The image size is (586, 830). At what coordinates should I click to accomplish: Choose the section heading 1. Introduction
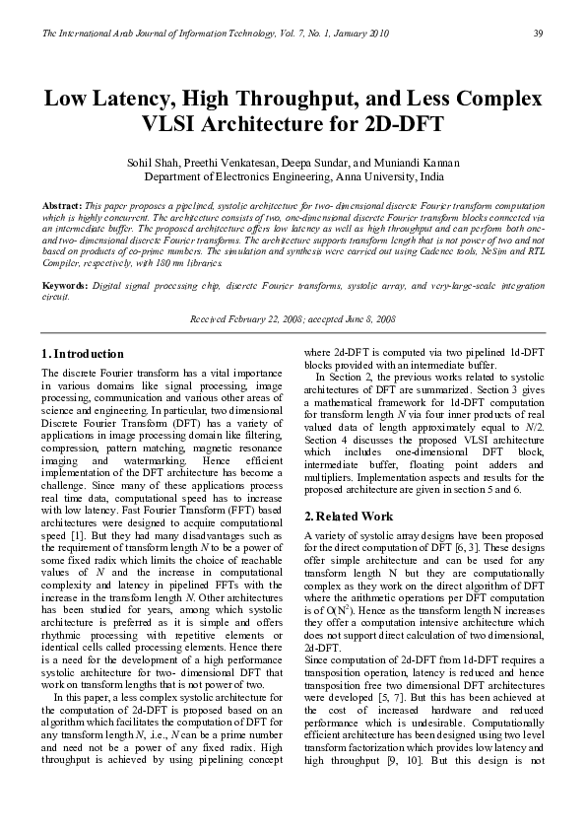point(83,354)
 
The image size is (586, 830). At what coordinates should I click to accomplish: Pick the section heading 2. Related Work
point(349,517)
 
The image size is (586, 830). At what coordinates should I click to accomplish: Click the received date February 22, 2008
point(266,321)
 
